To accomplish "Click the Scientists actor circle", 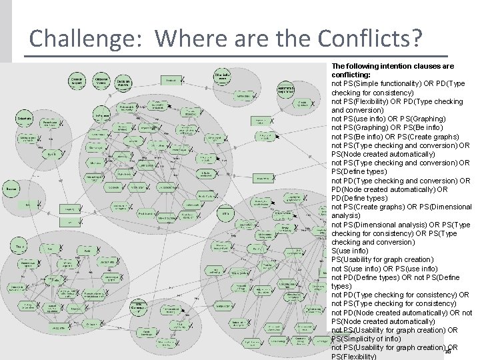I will pos(25,117).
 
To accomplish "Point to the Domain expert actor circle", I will pos(79,81).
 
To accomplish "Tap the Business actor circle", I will pos(11,189).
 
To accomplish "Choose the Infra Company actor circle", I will pos(137,309).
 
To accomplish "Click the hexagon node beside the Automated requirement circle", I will pos(303,103).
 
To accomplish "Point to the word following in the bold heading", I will pos(363,67).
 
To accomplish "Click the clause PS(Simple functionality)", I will pos(386,84).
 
